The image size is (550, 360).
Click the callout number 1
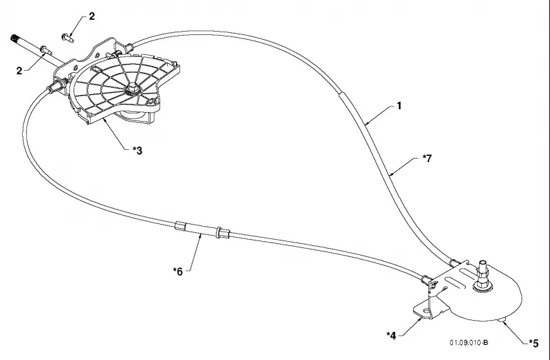click(399, 106)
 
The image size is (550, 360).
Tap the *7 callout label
click(427, 159)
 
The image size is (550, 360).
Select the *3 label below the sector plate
click(137, 150)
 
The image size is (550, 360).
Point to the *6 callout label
click(178, 271)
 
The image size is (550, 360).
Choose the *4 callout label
click(391, 335)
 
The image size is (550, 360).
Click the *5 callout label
click(533, 344)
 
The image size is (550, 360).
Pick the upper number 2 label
click(91, 16)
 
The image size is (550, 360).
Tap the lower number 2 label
click(19, 71)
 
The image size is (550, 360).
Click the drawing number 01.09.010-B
click(469, 342)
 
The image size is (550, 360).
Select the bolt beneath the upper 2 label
click(67, 38)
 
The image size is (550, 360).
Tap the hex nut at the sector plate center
click(133, 89)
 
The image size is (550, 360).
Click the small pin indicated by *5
click(503, 319)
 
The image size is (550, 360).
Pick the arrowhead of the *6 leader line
click(201, 236)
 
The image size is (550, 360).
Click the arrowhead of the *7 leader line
click(391, 175)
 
